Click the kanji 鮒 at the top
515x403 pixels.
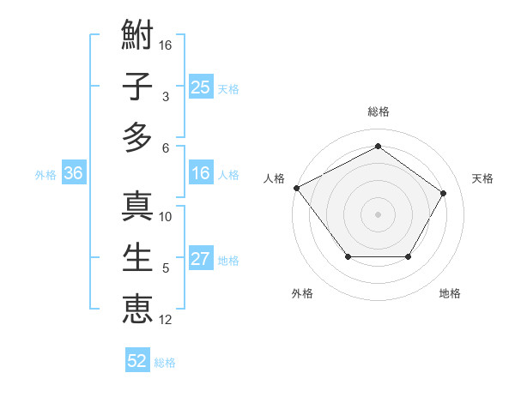pyautogui.click(x=137, y=36)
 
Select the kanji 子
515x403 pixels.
pyautogui.click(x=137, y=86)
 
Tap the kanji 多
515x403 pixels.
pyautogui.click(x=137, y=136)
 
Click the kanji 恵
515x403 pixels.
pyautogui.click(x=137, y=308)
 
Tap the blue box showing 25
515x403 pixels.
pyautogui.click(x=200, y=87)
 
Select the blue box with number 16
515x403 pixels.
pyautogui.click(x=200, y=173)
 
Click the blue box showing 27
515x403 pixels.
pyautogui.click(x=200, y=259)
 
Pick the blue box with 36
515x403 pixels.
pyautogui.click(x=73, y=173)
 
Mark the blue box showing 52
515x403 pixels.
pyautogui.click(x=137, y=361)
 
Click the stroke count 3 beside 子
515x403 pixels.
pyautogui.click(x=165, y=97)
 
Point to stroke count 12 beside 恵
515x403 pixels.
pyautogui.click(x=166, y=320)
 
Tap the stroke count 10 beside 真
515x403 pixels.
pyautogui.click(x=166, y=217)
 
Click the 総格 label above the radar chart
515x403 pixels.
pyautogui.click(x=378, y=111)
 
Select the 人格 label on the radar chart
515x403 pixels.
pyautogui.click(x=275, y=178)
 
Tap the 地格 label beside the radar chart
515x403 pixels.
pyautogui.click(x=450, y=294)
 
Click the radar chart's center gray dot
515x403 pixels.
pyautogui.click(x=378, y=214)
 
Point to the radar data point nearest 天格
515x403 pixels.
pyautogui.click(x=443, y=194)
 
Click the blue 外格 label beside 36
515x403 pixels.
pyautogui.click(x=45, y=174)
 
